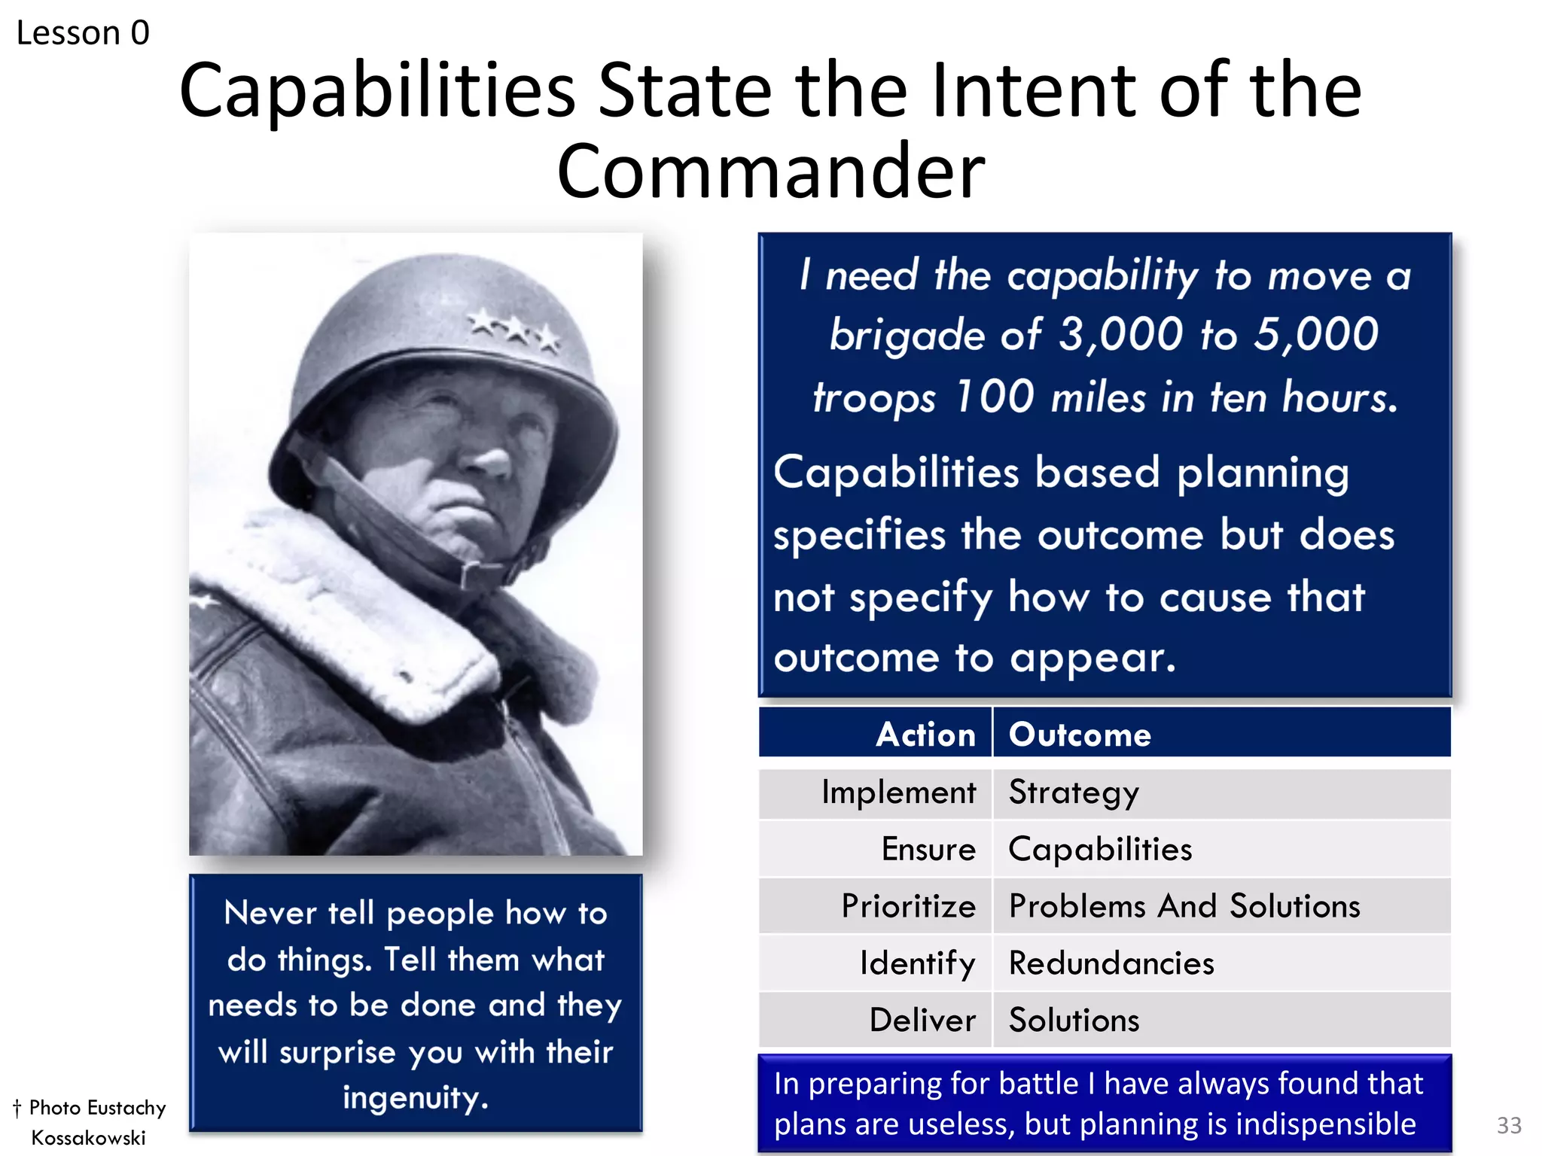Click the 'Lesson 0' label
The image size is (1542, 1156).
tap(83, 33)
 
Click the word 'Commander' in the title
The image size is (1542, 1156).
tap(770, 172)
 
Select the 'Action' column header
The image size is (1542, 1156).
tap(925, 734)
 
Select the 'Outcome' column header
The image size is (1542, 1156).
tap(1080, 734)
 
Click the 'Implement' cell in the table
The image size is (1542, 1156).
tap(898, 792)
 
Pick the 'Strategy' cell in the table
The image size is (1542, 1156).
tap(1074, 792)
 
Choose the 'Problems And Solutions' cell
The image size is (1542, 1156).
tap(1184, 905)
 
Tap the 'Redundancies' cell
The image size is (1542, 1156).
tap(1111, 963)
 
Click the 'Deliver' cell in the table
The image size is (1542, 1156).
tap(922, 1020)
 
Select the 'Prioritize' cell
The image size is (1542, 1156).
tap(908, 905)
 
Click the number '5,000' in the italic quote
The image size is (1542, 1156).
tap(1315, 334)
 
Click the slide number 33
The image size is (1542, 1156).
tap(1508, 1125)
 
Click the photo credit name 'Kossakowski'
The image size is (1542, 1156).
tap(88, 1137)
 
